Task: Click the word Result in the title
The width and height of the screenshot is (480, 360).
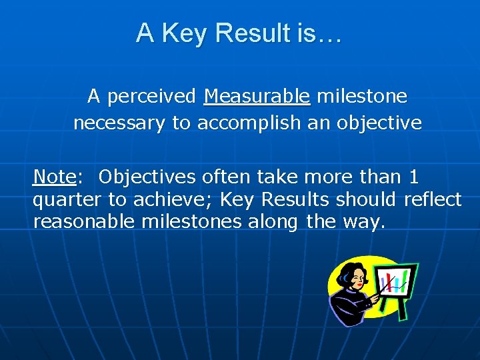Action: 248,33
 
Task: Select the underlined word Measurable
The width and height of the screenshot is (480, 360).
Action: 257,97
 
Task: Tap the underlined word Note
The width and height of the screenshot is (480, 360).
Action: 54,177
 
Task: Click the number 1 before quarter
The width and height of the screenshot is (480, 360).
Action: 414,177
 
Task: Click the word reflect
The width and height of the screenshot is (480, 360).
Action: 433,200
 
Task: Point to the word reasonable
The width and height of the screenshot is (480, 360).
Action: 85,222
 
